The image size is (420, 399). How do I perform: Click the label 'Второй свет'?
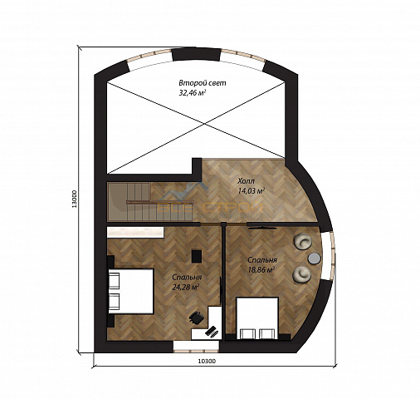pos(203,83)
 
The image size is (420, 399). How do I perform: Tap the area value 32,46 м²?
pos(193,92)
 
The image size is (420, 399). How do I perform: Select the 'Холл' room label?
pos(246,181)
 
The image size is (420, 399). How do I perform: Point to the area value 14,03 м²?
pos(251,190)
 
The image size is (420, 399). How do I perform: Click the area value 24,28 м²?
pos(185,288)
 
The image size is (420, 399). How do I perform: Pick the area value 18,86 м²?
pos(261,270)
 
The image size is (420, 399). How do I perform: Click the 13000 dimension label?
pos(74,199)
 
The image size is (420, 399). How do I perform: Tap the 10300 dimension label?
pos(207,361)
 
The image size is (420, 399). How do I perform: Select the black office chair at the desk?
pos(197,317)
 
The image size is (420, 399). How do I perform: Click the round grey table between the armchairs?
pos(314,259)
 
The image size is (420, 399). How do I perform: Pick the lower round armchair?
pos(302,274)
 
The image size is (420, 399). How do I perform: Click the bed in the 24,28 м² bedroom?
pos(130,291)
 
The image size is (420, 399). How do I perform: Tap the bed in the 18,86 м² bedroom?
pos(257,318)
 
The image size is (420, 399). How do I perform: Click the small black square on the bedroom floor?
pos(196,256)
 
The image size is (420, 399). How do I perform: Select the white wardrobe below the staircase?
pos(135,232)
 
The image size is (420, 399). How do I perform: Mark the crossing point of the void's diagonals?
pos(204,124)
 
